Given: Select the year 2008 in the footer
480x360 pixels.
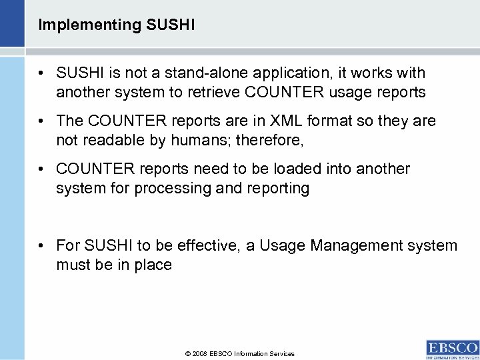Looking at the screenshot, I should click(x=199, y=354).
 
